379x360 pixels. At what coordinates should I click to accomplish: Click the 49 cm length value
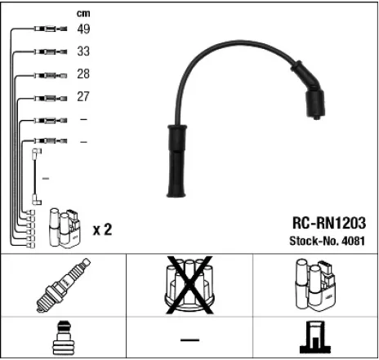83,29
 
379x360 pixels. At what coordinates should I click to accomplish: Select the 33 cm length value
83,51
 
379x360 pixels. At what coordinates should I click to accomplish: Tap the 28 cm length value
83,74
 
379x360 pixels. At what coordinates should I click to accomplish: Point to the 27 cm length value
83,96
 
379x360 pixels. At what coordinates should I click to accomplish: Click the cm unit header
83,12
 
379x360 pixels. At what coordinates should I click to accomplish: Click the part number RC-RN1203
327,222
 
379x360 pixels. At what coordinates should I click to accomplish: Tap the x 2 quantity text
102,229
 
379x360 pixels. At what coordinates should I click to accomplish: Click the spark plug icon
64,285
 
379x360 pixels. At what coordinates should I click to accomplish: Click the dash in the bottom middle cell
189,339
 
